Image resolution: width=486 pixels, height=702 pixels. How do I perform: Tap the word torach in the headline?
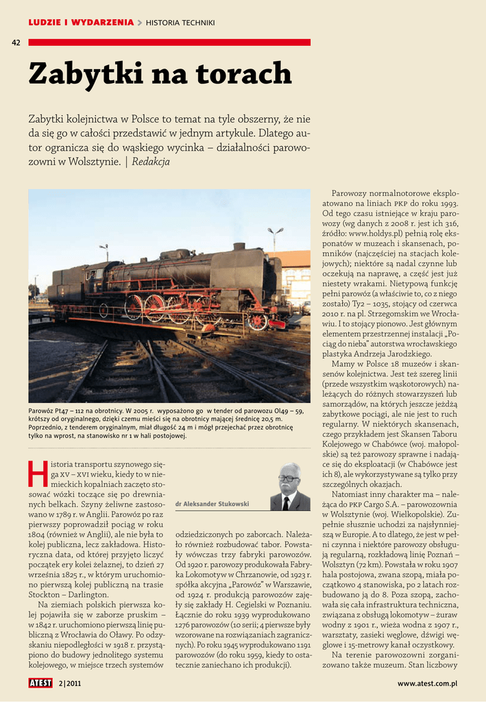(243, 74)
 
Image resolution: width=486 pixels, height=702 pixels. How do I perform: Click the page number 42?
(16, 43)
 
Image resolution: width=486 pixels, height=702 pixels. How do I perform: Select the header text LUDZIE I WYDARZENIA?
(81, 23)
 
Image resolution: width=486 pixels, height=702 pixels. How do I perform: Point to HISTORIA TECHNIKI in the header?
(180, 23)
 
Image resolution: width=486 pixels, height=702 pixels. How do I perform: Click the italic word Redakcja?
(150, 162)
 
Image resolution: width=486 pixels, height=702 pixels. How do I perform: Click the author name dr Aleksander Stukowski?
(212, 504)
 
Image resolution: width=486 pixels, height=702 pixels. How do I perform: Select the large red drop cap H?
(38, 473)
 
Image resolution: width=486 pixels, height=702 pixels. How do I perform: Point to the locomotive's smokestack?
(239, 246)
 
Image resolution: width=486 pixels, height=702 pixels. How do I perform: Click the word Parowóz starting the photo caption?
(42, 411)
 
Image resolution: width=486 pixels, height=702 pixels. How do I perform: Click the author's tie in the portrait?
(286, 503)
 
